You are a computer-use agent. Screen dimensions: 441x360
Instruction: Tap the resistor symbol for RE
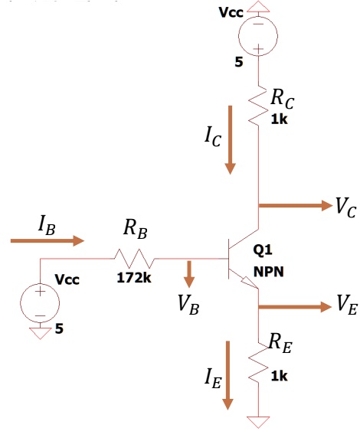260,367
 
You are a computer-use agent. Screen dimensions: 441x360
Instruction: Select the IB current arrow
47,240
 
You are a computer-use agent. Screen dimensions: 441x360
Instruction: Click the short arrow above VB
188,273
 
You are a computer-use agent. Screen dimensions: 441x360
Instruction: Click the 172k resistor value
134,277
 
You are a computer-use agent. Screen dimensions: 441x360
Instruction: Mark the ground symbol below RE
260,421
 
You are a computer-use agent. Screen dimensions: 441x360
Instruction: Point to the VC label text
344,207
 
